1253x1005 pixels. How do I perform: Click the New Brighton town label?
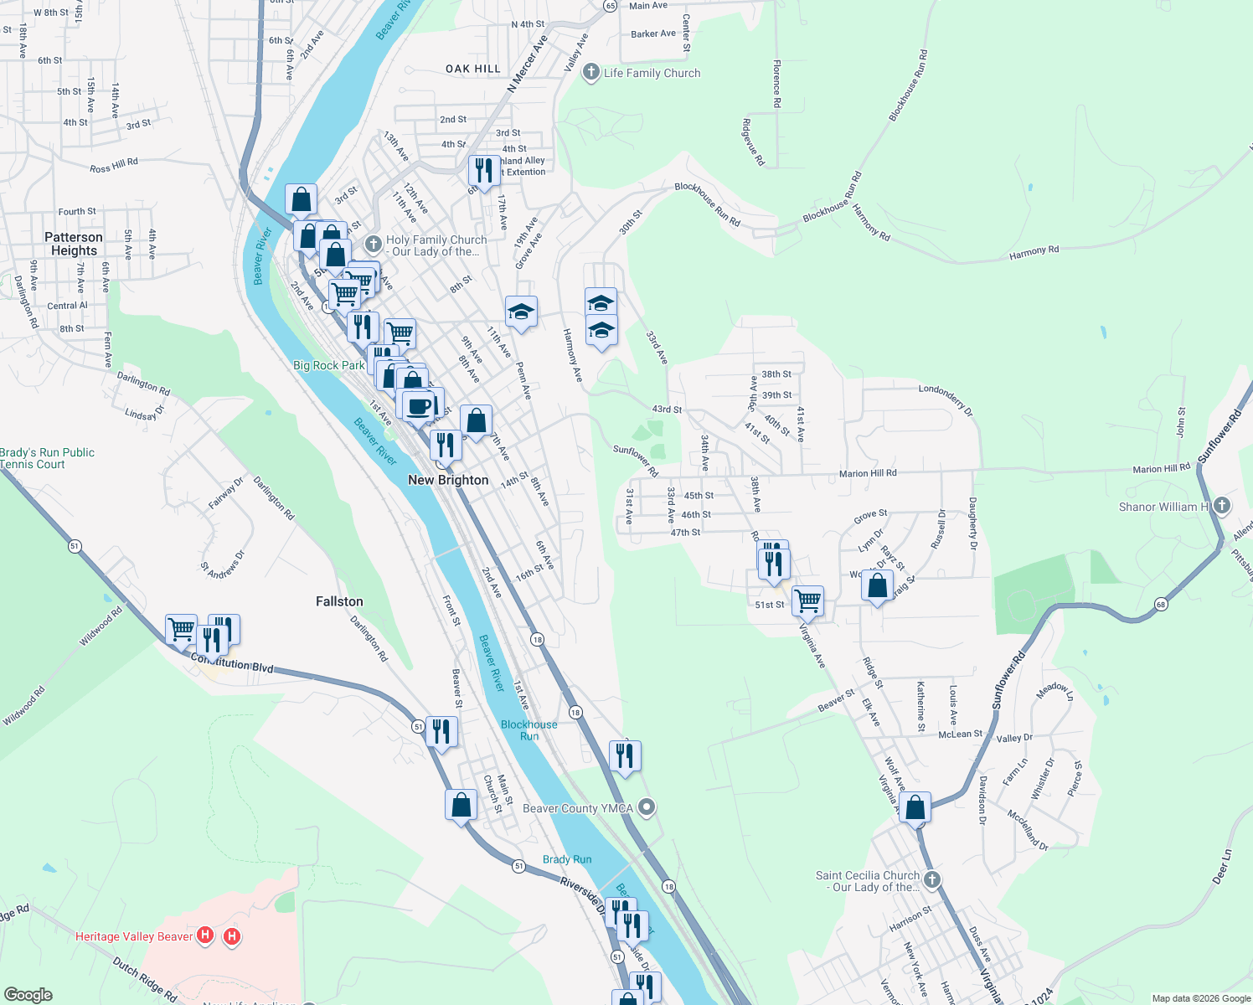(448, 480)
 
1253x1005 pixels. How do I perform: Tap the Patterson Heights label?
(74, 244)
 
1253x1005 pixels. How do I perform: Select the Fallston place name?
(339, 601)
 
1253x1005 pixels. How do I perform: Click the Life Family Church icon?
(591, 73)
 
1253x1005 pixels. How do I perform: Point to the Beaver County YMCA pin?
(647, 807)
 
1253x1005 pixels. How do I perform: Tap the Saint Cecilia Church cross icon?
(932, 880)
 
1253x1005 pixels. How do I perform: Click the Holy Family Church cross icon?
(374, 245)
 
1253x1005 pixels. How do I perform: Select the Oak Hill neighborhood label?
(473, 69)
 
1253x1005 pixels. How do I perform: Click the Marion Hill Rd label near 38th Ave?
(868, 473)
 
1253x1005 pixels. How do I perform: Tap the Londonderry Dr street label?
(946, 399)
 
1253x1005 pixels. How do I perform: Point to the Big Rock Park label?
(329, 365)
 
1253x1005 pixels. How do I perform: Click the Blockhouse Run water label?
(529, 730)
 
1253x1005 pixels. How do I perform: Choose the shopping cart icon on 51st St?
(807, 600)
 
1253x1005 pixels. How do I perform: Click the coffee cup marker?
(418, 406)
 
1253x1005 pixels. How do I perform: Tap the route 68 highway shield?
(1160, 604)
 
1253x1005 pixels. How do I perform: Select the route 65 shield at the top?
(610, 5)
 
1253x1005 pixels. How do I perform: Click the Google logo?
(28, 995)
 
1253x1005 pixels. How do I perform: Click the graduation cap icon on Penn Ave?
(521, 312)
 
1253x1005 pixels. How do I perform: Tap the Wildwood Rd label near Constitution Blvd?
(101, 626)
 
